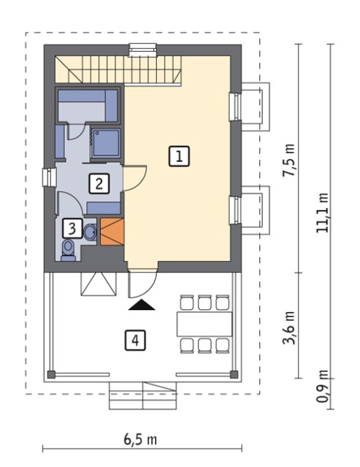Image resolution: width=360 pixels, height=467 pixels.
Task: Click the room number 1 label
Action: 179,156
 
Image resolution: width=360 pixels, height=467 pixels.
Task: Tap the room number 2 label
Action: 99,184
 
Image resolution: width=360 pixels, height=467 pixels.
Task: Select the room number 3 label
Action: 72,228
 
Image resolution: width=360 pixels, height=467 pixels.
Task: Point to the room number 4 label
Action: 135,340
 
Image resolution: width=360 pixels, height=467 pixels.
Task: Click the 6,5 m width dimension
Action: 140,440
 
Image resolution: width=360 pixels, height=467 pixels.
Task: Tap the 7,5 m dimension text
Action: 288,160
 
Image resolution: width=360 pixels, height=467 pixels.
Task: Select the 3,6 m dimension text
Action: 288,328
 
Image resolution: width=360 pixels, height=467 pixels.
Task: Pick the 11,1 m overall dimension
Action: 323,212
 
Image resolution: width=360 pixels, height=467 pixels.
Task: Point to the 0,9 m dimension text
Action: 323,386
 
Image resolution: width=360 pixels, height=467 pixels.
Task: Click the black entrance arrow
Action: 142,305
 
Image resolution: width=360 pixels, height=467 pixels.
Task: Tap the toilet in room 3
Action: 69,250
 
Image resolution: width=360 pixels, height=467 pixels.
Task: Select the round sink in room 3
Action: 90,232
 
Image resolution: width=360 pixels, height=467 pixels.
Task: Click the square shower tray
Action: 106,143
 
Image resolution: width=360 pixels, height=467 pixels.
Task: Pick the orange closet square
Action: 112,232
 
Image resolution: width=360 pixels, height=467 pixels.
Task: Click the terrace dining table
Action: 204,324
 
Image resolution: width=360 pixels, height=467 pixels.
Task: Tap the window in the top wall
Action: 142,50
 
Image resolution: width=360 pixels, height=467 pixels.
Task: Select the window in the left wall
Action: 50,177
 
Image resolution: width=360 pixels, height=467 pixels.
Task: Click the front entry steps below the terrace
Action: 143,395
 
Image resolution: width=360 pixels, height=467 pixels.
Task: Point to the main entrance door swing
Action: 142,285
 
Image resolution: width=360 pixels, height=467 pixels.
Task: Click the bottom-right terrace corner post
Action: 234,374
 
